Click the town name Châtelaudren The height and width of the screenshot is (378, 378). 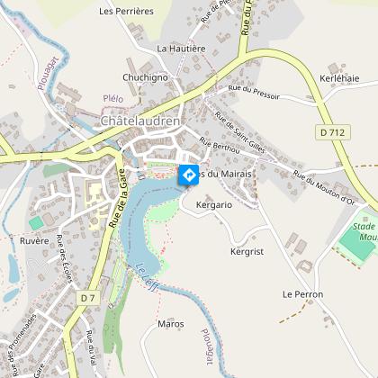[x=141, y=121]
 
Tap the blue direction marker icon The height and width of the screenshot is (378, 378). [x=189, y=175]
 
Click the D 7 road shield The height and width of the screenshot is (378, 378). [x=87, y=297]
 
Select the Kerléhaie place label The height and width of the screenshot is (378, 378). [x=340, y=78]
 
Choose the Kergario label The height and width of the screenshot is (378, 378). [x=212, y=206]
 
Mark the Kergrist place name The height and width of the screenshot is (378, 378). [x=246, y=251]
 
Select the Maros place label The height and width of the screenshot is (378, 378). [x=170, y=323]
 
